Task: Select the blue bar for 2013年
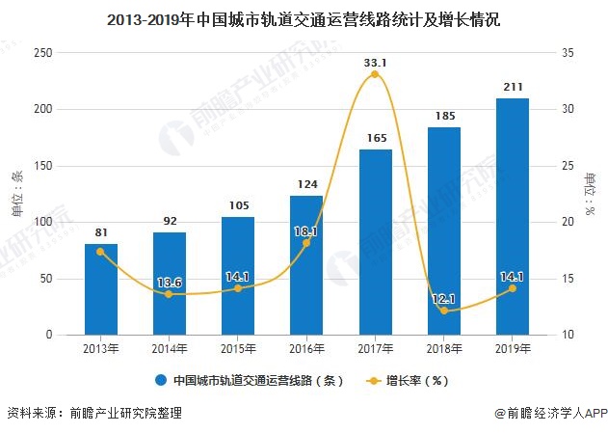[x=100, y=288]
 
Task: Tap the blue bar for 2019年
[x=512, y=216]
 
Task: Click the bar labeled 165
[x=375, y=242]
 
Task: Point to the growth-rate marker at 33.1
[x=375, y=74]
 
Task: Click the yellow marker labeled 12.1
[x=444, y=311]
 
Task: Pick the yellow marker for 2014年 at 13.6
[x=169, y=294]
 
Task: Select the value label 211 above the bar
[x=512, y=88]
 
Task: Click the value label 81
[x=100, y=232]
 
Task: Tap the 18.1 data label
[x=306, y=231]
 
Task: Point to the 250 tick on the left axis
[x=41, y=53]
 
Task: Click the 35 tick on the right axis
[x=568, y=53]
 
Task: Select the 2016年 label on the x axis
[x=306, y=348]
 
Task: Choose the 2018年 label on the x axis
[x=444, y=348]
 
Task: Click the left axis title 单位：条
[x=16, y=193]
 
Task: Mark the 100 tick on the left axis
[x=41, y=223]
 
